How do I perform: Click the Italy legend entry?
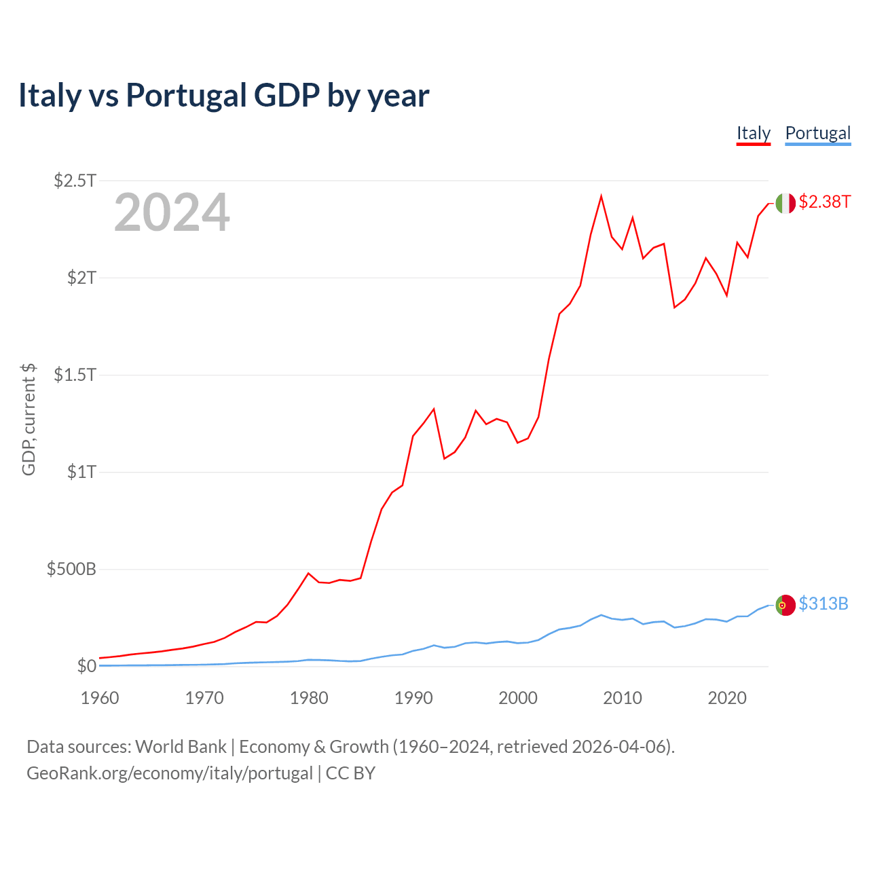754,133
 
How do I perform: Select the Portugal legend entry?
817,133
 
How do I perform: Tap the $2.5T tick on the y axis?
75,181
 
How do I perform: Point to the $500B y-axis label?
71,569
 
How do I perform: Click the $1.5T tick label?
75,375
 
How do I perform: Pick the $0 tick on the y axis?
86,666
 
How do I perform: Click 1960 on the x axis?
100,698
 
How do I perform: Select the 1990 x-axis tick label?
413,698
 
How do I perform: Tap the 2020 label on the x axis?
727,698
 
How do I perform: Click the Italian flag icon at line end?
785,203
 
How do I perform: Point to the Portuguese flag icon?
785,605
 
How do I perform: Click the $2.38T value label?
824,202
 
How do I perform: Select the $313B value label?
823,604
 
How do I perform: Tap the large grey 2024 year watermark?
172,213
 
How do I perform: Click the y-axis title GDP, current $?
29,420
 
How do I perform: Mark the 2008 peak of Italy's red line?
601,197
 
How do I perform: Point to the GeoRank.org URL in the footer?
170,773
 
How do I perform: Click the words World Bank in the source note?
181,747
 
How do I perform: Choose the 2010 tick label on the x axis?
623,698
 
